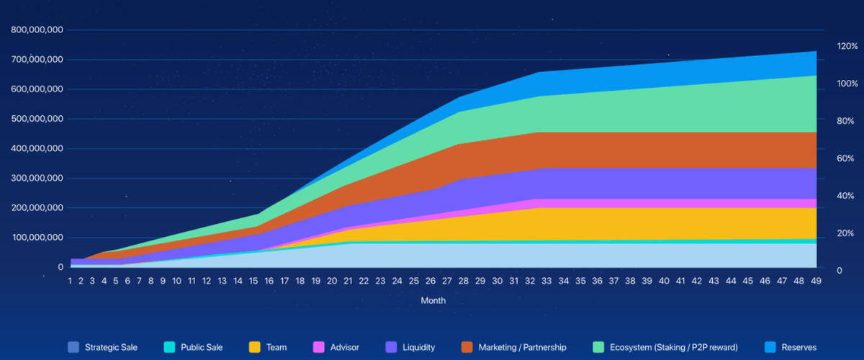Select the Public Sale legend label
coord(202,347)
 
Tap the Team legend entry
coord(276,347)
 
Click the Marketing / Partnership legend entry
coord(522,347)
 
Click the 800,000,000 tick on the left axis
coord(37,30)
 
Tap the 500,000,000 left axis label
coord(37,119)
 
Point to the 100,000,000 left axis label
coord(37,238)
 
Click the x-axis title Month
coord(433,300)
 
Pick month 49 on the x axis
coord(816,280)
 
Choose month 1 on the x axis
coord(70,280)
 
